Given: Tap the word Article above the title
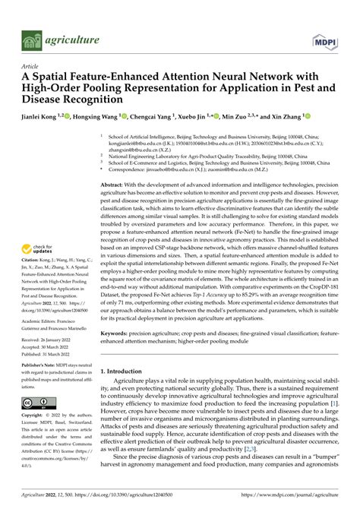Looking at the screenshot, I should [31, 67].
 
